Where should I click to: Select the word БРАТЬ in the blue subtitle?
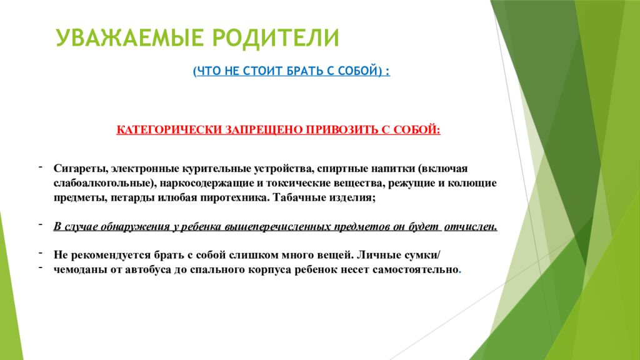(299, 71)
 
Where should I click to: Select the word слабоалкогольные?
(104, 183)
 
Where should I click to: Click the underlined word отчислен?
(471, 226)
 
